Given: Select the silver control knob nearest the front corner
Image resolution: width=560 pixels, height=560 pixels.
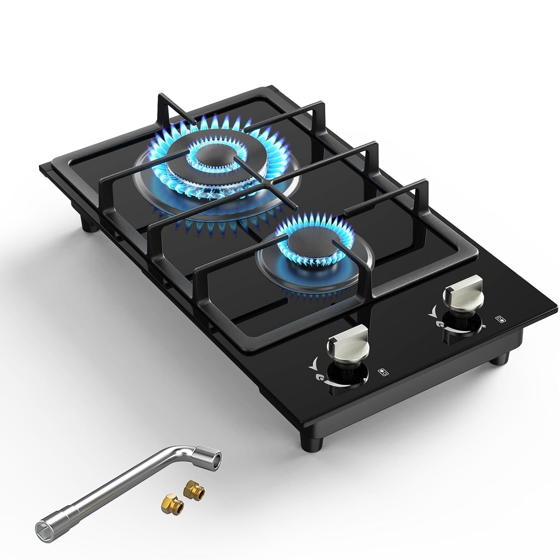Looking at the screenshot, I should pyautogui.click(x=348, y=344).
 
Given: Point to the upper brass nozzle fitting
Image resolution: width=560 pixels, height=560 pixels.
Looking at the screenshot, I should pyautogui.click(x=194, y=487).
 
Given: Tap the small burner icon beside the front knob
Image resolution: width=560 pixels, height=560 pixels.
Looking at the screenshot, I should pyautogui.click(x=383, y=371).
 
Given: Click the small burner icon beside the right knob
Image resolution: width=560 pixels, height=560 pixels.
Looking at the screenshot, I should pyautogui.click(x=500, y=318).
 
